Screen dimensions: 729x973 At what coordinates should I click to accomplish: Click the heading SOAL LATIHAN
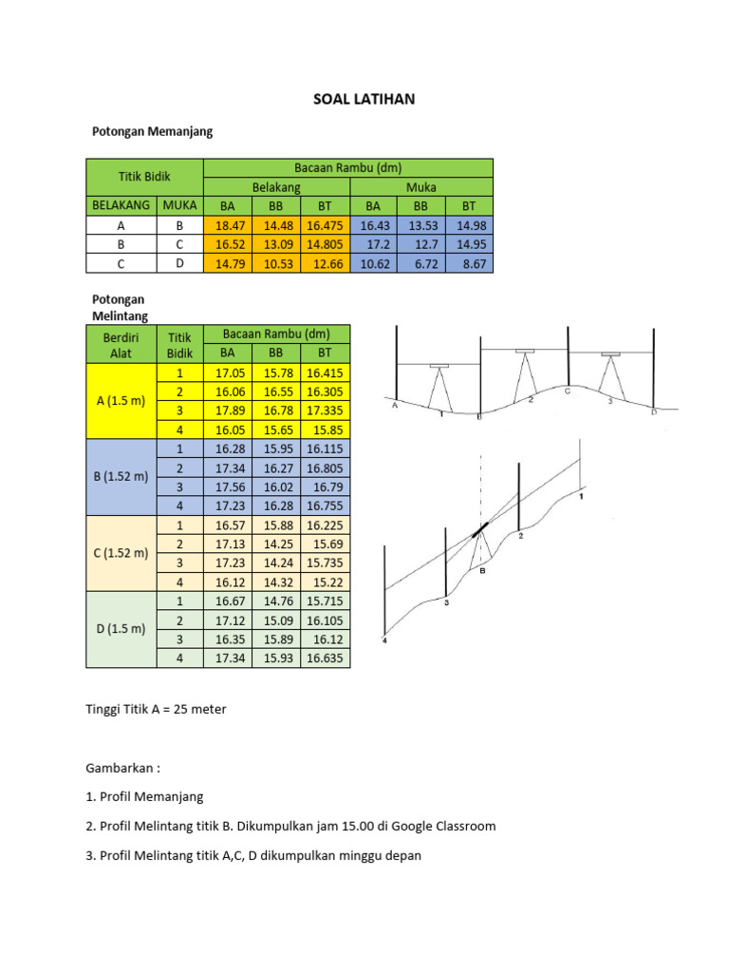[364, 99]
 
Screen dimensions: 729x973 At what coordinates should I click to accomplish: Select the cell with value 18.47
[228, 225]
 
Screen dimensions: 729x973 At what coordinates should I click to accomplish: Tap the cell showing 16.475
[325, 225]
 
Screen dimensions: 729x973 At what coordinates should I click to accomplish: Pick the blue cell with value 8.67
[469, 264]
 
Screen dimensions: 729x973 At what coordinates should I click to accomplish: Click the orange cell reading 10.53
[276, 264]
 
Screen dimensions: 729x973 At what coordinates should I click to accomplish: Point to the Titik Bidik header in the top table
[144, 177]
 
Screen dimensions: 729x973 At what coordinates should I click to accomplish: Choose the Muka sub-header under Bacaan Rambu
[421, 187]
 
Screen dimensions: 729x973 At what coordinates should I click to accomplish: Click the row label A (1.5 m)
[121, 401]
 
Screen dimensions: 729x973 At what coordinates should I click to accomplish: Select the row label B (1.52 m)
[121, 477]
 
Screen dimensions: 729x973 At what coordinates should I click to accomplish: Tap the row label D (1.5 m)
[121, 629]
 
